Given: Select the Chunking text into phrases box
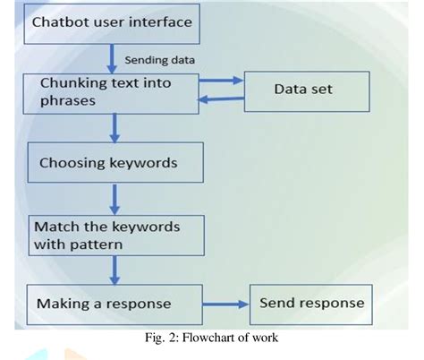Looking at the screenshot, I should pos(112,93).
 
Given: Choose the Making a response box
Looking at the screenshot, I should pos(112,303).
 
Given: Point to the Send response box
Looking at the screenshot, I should pos(311,303).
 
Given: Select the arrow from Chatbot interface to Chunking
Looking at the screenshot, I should pos(113,59).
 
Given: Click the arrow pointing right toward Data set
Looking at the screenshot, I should pos(222,81).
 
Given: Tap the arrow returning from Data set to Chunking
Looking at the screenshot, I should pos(222,100).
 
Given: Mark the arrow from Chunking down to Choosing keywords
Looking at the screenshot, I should pos(113,128).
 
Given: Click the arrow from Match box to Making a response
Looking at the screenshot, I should pos(113,270).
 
